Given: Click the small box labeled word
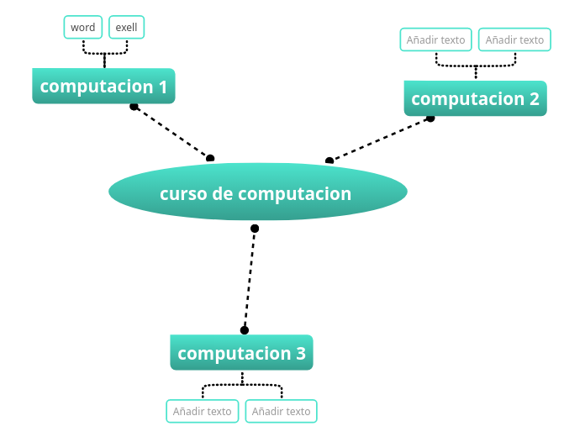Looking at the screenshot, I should pyautogui.click(x=82, y=28).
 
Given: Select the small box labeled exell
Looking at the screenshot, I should pyautogui.click(x=127, y=28).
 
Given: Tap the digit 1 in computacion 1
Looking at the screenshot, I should pyautogui.click(x=162, y=87).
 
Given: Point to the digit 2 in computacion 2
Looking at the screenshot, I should pyautogui.click(x=534, y=99).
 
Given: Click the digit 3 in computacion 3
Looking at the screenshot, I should pyautogui.click(x=300, y=354).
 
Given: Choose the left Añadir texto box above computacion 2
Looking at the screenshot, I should pyautogui.click(x=435, y=39).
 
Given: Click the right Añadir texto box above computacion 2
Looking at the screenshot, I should pyautogui.click(x=514, y=39).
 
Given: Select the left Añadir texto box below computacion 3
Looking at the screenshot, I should pyautogui.click(x=202, y=411).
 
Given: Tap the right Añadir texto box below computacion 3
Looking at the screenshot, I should pyautogui.click(x=281, y=411).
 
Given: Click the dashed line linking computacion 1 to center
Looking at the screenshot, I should pyautogui.click(x=172, y=132).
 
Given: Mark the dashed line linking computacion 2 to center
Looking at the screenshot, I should pyautogui.click(x=380, y=140).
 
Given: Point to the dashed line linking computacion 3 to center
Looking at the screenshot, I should pyautogui.click(x=250, y=279).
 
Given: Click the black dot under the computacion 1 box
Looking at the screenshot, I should pyautogui.click(x=134, y=106).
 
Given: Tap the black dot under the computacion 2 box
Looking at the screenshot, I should pyautogui.click(x=430, y=118).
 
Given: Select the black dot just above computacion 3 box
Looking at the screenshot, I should pyautogui.click(x=245, y=330).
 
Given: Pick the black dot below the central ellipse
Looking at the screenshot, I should pyautogui.click(x=255, y=229).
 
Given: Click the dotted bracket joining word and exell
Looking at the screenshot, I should pyautogui.click(x=104, y=53).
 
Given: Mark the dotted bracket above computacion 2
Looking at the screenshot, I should pyautogui.click(x=476, y=65).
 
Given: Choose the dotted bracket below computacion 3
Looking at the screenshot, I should pyautogui.click(x=242, y=385).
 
